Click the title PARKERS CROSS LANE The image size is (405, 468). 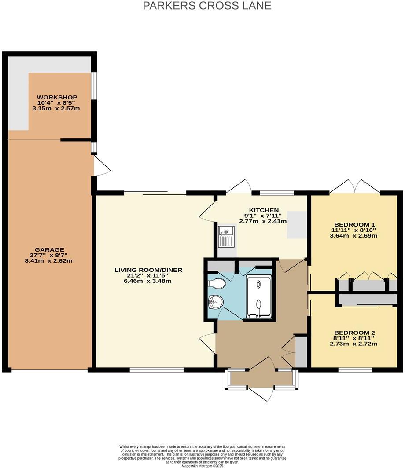pos(207,6)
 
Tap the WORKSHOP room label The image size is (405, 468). pos(57,97)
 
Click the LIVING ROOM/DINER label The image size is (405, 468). pos(148,270)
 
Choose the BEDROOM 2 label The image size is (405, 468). pos(354,333)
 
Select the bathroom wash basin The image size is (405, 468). pos(216,302)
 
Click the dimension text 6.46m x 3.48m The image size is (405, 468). pos(148,281)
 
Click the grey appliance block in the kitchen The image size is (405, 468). pos(295,224)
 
